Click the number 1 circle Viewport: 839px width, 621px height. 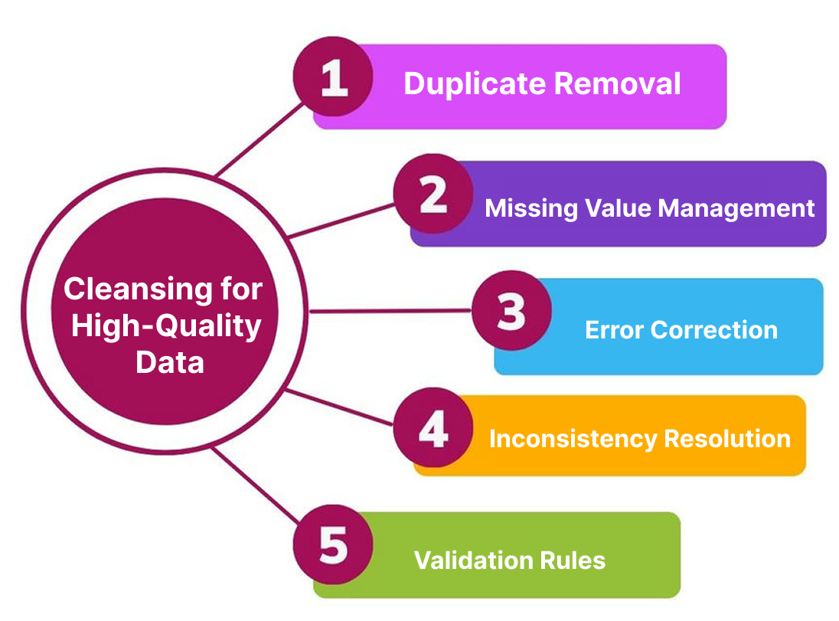tap(333, 77)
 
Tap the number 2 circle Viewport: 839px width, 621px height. tap(433, 194)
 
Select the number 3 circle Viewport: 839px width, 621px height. tap(511, 311)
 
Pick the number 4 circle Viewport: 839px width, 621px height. tap(433, 428)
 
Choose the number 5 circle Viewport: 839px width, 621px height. tap(333, 544)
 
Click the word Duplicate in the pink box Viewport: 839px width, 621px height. tap(475, 84)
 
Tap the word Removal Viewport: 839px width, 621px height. tap(618, 83)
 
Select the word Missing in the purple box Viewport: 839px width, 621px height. tap(531, 209)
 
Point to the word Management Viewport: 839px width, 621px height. tap(736, 209)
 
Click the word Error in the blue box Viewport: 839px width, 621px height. tap(614, 330)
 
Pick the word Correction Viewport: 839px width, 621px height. tap(714, 330)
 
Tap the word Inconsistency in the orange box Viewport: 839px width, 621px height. tap(573, 440)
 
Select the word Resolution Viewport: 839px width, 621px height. tap(727, 439)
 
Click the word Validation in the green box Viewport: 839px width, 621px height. tap(473, 561)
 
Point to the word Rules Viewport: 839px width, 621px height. tap(573, 561)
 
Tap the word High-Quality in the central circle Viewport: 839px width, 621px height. tap(166, 326)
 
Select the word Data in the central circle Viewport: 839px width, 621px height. tap(170, 362)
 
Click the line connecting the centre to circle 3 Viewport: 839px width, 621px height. tap(390, 311)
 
